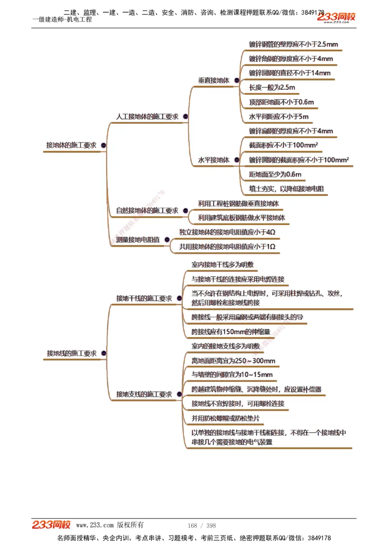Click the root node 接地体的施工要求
(71, 145)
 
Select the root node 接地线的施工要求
(72, 354)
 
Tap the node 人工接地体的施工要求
(147, 117)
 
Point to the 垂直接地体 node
(213, 81)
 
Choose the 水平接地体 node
(213, 160)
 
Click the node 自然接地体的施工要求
(147, 210)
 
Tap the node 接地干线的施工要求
(144, 299)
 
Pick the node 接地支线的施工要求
(144, 394)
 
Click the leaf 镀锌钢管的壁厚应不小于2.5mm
(293, 45)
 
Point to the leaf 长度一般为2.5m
(272, 88)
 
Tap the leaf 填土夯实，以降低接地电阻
(286, 189)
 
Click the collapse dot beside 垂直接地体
(236, 81)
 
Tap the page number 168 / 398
(201, 526)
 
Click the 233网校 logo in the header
(336, 17)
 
